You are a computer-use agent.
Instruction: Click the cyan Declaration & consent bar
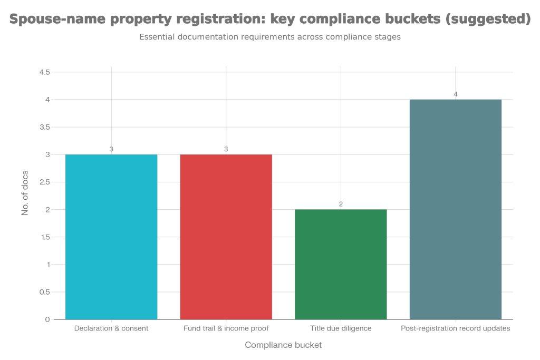111,237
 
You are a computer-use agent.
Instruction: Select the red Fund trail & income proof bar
226,237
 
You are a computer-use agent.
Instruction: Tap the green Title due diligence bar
341,264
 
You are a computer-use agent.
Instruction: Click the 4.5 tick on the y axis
45,72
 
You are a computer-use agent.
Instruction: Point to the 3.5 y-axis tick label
45,127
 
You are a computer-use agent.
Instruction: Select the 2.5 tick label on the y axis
45,182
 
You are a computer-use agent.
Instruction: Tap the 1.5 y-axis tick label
45,237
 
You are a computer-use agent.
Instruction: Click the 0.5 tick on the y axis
45,292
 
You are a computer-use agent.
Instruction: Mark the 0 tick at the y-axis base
47,319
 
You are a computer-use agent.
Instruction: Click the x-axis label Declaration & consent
111,328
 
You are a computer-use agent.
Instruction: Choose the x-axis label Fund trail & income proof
226,328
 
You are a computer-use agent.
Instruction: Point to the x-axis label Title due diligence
341,328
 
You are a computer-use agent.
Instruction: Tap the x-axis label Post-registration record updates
456,328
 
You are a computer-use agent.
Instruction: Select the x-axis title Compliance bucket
283,345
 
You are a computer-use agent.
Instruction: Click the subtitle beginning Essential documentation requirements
270,37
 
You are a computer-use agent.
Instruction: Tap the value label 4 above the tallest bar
456,94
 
